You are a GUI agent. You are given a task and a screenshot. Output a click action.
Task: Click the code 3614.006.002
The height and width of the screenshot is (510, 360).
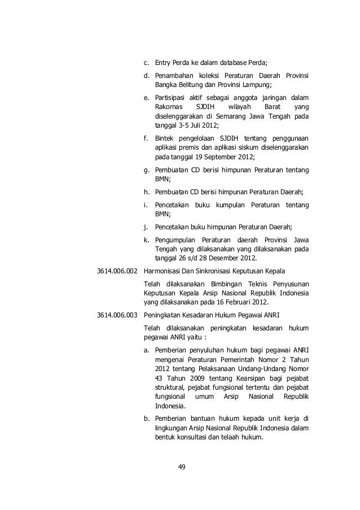click(x=117, y=269)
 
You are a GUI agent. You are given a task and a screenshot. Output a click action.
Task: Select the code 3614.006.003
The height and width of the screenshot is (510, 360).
click(x=117, y=315)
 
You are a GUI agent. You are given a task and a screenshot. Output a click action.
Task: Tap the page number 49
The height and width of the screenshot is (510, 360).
click(x=181, y=467)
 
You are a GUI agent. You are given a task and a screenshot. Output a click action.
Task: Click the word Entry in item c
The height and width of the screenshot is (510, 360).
click(x=164, y=63)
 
